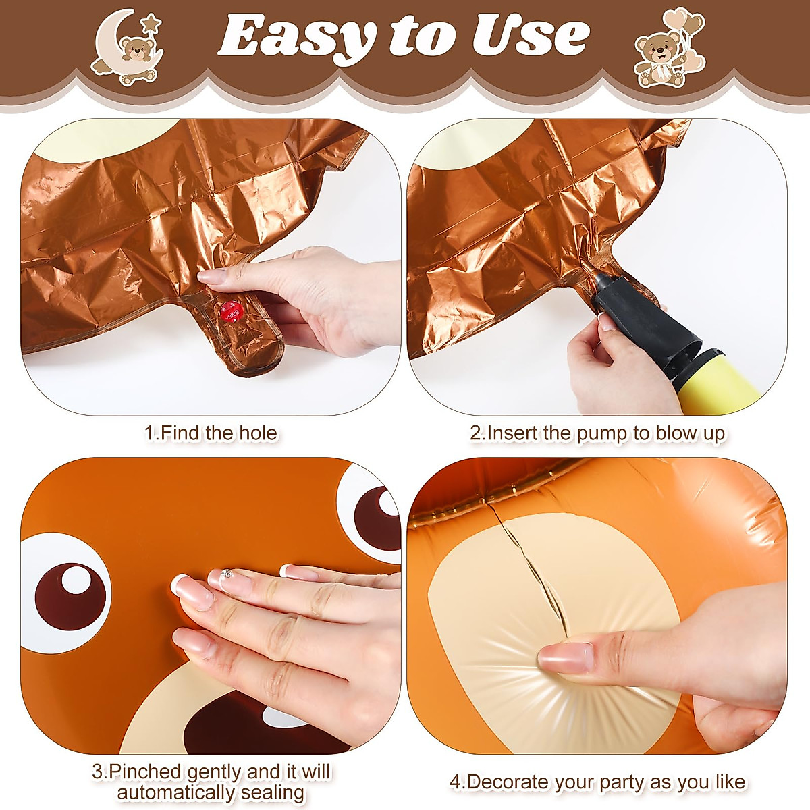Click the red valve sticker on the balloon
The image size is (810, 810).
(230, 311)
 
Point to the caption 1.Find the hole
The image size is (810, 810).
(211, 433)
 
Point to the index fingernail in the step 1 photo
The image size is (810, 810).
(211, 276)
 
